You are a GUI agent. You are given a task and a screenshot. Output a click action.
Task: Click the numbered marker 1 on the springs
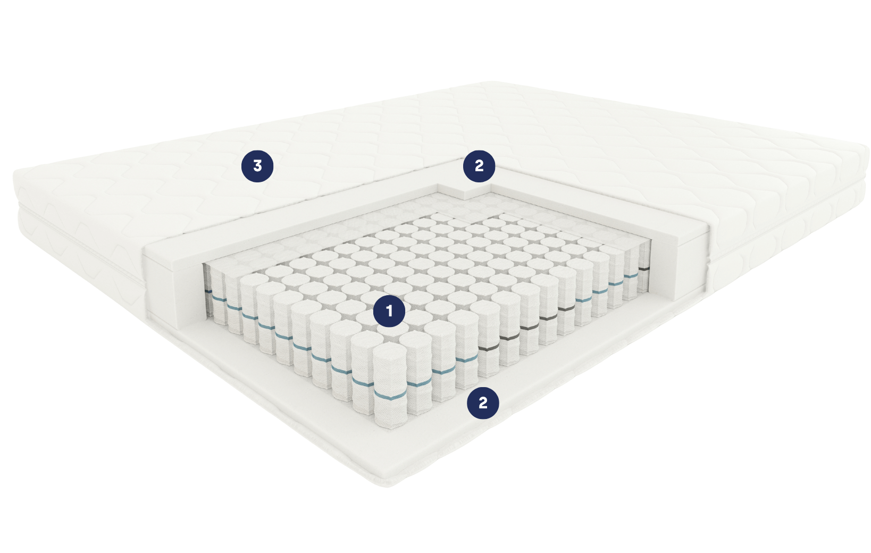tap(389, 311)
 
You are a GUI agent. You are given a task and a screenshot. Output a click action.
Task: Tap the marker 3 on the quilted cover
tap(257, 166)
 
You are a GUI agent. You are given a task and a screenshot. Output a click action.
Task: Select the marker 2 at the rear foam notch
tap(479, 166)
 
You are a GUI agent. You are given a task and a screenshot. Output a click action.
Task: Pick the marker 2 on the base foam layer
tap(483, 403)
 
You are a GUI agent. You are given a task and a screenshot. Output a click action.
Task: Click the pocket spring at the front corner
tap(390, 385)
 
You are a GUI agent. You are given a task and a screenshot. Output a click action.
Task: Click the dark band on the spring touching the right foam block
tap(644, 269)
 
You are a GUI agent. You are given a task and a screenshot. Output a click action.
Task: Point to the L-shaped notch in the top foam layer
tap(465, 192)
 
